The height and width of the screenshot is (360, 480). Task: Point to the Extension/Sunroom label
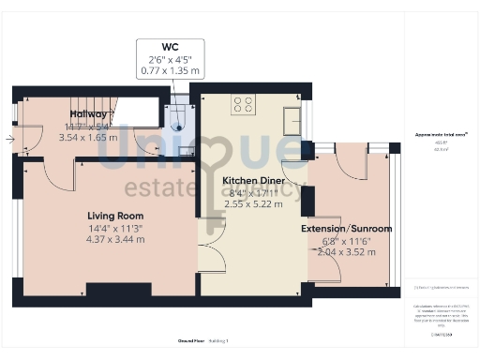[x=346, y=228]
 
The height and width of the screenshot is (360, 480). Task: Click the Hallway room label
[x=88, y=114]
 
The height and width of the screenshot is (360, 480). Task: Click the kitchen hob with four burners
[x=243, y=105]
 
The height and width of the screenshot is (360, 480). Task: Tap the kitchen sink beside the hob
[x=292, y=120]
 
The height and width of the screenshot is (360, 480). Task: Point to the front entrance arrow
[x=8, y=140]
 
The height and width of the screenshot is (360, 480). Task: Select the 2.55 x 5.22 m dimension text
[x=254, y=203]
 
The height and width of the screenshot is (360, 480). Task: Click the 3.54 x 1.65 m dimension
[x=88, y=137]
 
